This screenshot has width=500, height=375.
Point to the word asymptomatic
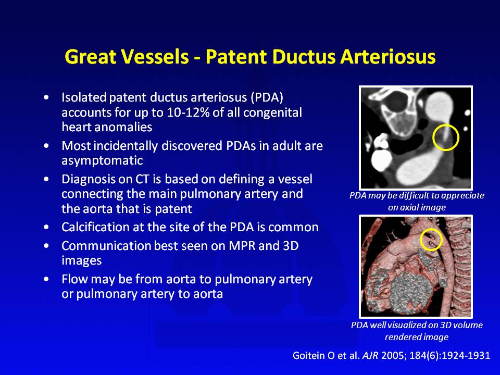tap(102, 161)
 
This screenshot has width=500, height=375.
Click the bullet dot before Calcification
tap(47, 228)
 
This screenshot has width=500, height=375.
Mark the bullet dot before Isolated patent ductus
tap(47, 97)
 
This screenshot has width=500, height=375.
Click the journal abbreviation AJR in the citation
tap(370, 355)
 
